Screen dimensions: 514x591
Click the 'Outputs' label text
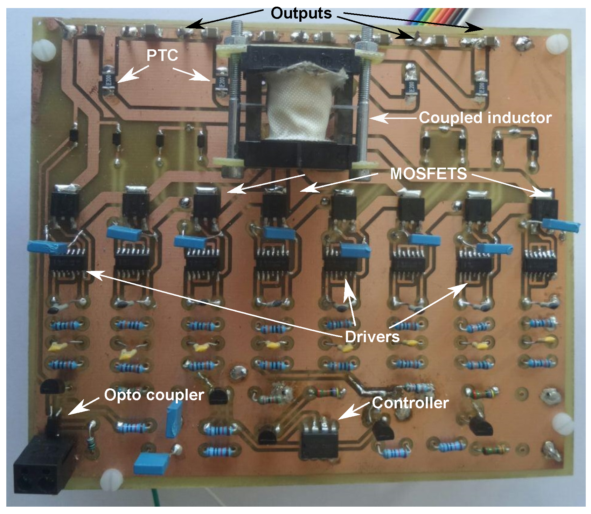(x=301, y=13)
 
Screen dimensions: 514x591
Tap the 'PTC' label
(x=162, y=55)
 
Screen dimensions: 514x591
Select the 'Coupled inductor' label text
(x=485, y=118)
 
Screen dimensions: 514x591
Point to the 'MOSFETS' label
(x=429, y=174)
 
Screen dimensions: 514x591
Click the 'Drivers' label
(x=372, y=337)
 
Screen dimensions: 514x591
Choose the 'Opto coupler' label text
(x=154, y=395)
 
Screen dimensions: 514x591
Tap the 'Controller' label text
(x=410, y=403)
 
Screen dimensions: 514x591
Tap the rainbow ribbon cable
(x=434, y=16)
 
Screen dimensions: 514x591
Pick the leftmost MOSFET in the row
(x=65, y=205)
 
